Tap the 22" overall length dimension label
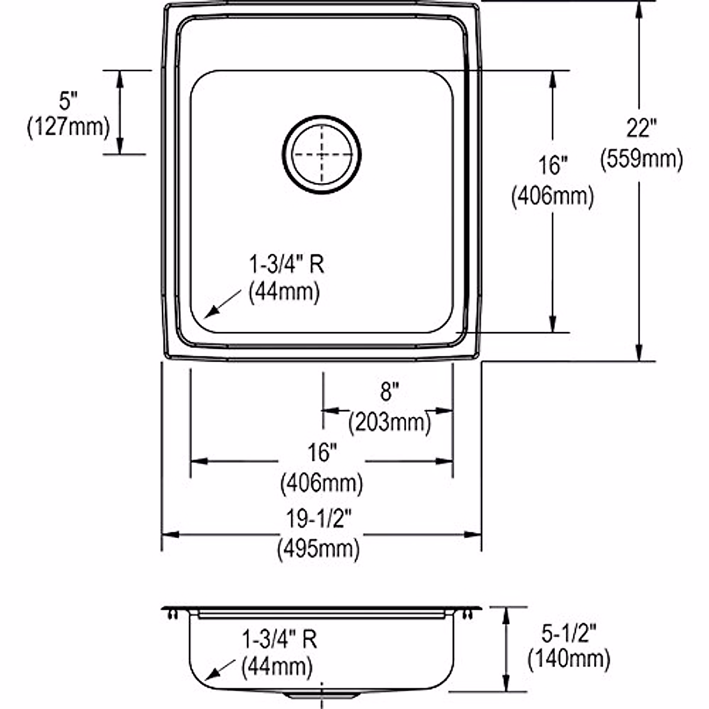[642, 129]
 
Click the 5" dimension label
[69, 101]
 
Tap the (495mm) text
[318, 549]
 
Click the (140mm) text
[569, 658]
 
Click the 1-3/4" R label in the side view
[279, 639]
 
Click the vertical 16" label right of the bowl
[552, 166]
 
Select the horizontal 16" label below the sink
[321, 453]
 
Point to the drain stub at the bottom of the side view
[322, 695]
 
